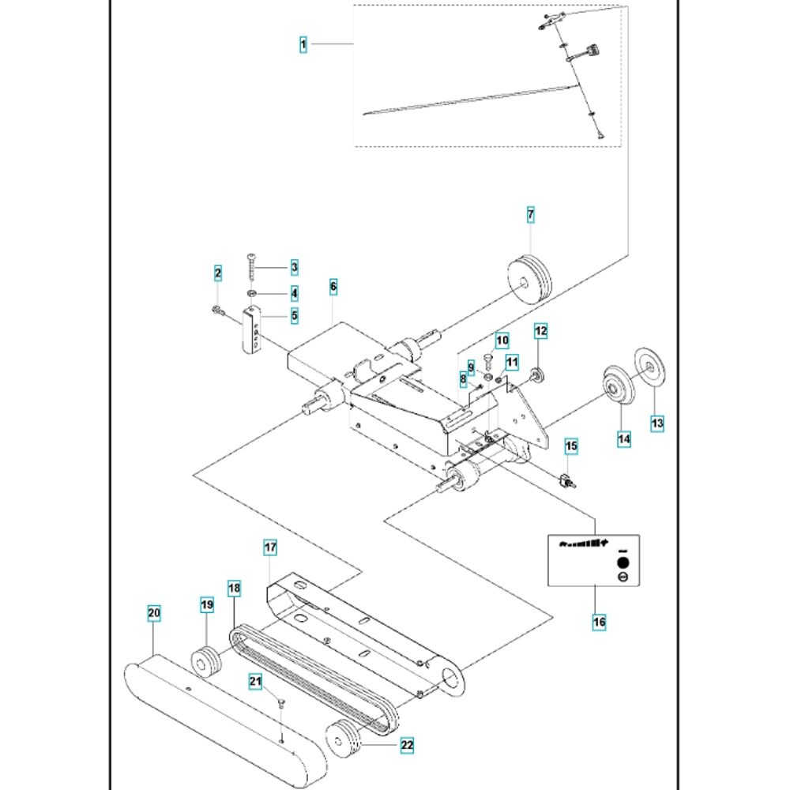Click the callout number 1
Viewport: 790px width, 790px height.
point(303,45)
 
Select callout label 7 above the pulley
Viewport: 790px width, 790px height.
point(531,214)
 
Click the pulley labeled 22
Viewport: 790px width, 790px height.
point(347,738)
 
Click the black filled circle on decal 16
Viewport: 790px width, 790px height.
point(622,564)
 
